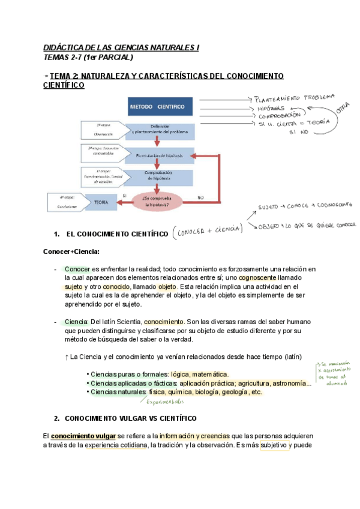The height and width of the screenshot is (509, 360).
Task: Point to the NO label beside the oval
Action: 200,196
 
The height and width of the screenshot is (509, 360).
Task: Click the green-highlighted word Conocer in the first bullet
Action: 77,269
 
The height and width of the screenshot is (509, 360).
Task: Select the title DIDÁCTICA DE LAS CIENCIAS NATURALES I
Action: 121,47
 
